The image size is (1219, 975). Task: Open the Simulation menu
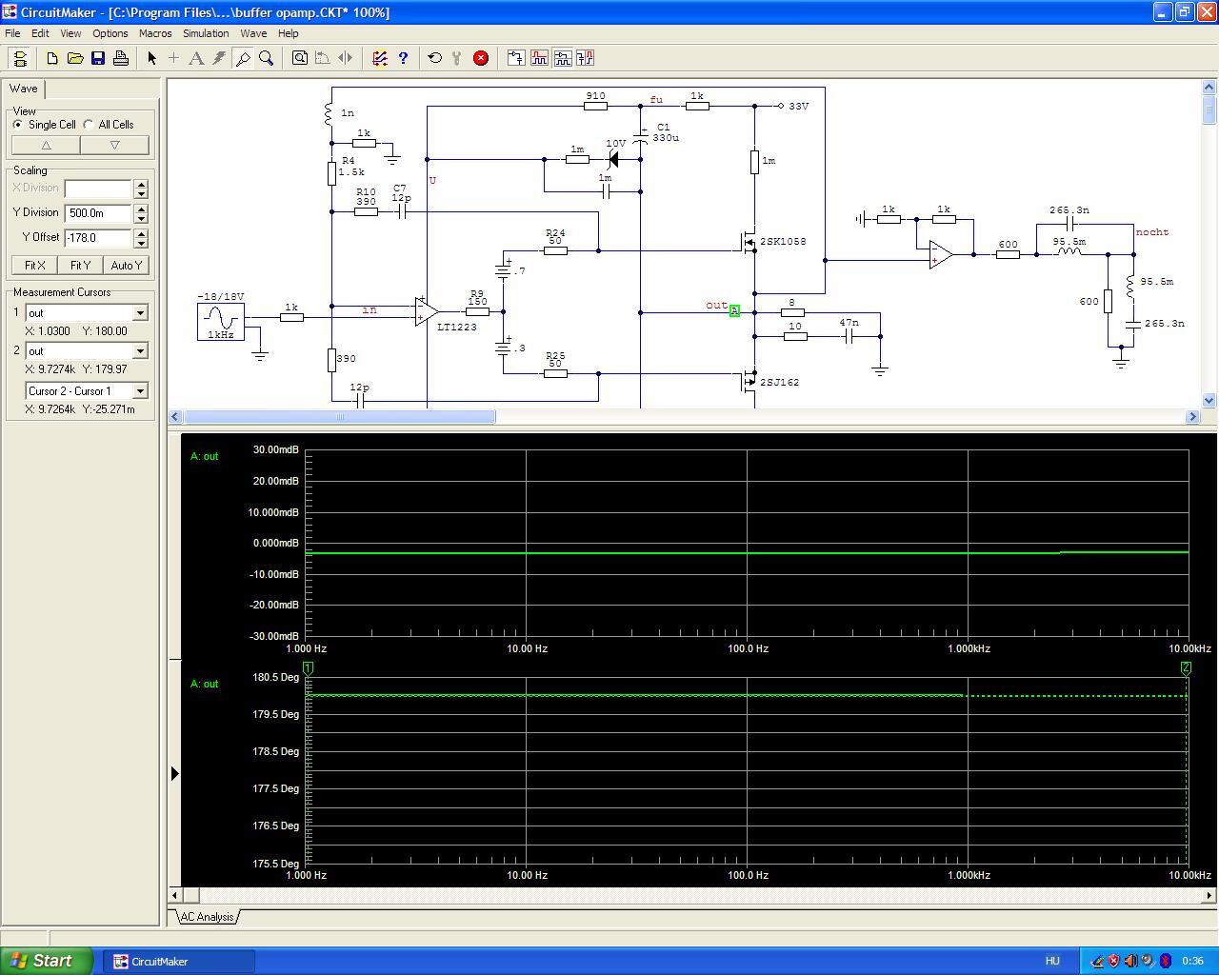[x=206, y=33]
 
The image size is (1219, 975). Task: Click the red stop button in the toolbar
[x=480, y=58]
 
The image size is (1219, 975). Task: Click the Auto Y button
[x=126, y=265]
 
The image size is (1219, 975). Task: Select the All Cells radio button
[x=88, y=125]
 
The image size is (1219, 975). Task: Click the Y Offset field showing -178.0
[x=98, y=238]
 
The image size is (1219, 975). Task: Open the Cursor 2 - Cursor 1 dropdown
[x=140, y=391]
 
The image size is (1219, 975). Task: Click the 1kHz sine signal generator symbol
[x=221, y=321]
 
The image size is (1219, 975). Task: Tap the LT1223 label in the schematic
[x=456, y=327]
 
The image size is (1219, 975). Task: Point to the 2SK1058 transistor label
[x=783, y=241]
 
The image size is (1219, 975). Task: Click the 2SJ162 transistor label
[x=779, y=383]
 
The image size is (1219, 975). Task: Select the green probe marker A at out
[x=734, y=310]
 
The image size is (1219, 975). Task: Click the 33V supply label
[x=799, y=106]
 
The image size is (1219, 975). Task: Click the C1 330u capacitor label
[x=665, y=132]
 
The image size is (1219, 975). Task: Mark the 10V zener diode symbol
[x=613, y=159]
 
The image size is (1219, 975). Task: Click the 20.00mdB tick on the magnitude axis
[x=276, y=481]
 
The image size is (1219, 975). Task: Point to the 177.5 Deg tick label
[x=276, y=788]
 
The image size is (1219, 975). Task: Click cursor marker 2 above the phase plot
[x=1186, y=668]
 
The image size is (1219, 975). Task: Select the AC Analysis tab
[x=207, y=917]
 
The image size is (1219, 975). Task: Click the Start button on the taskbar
[x=46, y=961]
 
